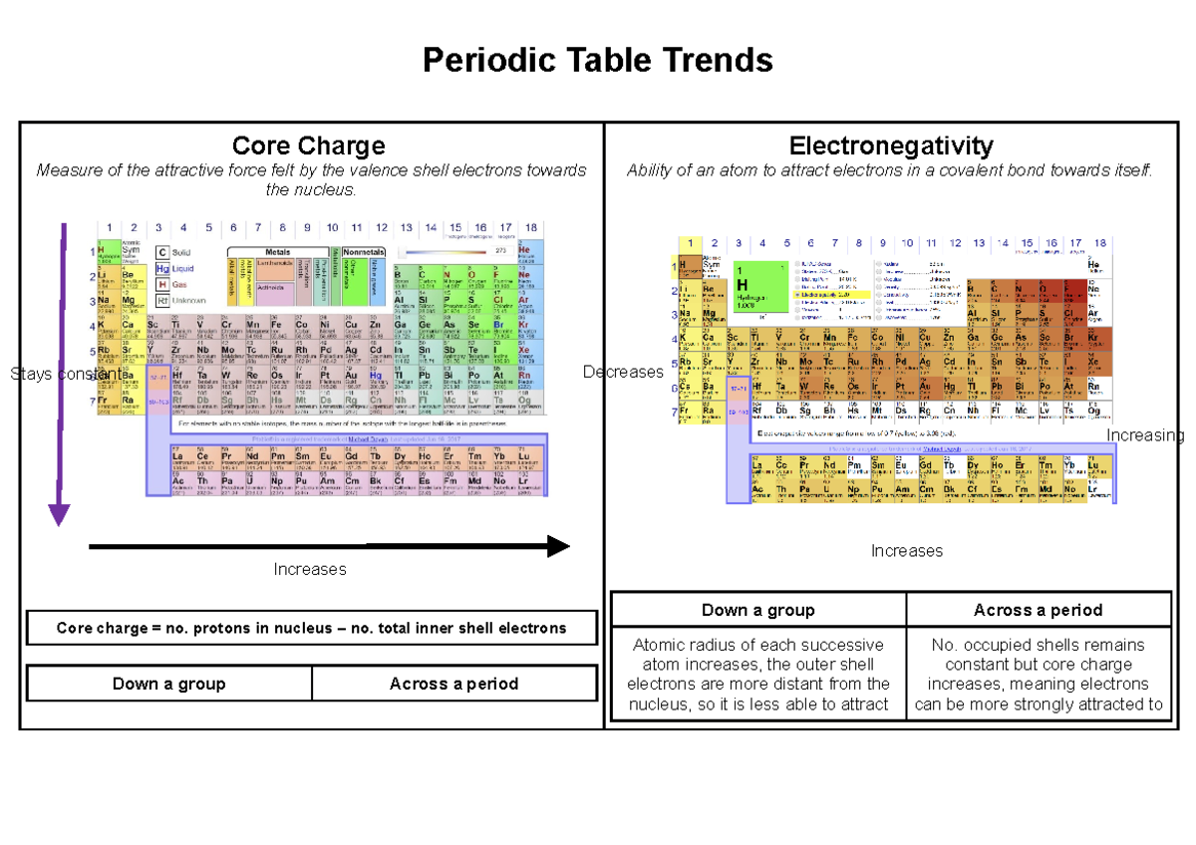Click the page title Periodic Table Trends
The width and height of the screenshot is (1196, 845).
click(x=597, y=61)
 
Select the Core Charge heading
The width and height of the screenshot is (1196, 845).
click(x=308, y=145)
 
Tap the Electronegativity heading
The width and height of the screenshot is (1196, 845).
click(x=890, y=145)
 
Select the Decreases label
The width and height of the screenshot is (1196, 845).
click(x=623, y=372)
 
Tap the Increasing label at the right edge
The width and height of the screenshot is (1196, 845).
click(x=1146, y=435)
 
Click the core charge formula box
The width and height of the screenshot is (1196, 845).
click(x=311, y=628)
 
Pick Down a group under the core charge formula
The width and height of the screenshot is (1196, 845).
click(x=168, y=684)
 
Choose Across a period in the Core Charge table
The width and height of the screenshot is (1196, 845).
click(x=453, y=684)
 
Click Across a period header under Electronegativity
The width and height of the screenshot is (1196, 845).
click(x=1038, y=610)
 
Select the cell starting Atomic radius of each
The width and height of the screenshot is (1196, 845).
click(x=757, y=674)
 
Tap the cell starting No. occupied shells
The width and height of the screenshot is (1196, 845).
click(x=1038, y=674)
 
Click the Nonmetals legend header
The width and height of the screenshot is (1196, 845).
click(x=364, y=252)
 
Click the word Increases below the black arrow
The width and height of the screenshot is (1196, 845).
click(x=310, y=569)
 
